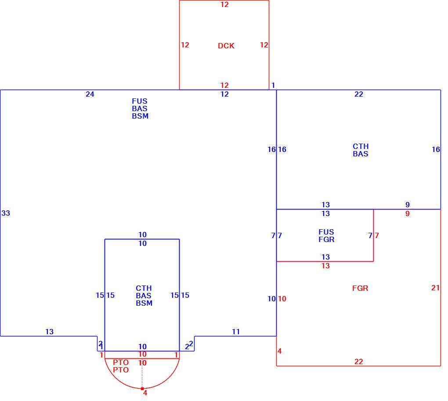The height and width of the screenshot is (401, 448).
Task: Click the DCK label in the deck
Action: tap(226, 46)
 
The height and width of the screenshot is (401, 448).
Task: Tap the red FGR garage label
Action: tap(360, 288)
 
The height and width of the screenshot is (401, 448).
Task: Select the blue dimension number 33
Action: tap(6, 213)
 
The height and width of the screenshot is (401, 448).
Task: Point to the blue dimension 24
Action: tap(90, 94)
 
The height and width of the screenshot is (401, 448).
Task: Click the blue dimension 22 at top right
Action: tap(359, 94)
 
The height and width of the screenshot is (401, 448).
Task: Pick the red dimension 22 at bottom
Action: tap(359, 361)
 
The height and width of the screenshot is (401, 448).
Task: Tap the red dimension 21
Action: tap(435, 288)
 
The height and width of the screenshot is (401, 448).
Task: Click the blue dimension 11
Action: tap(236, 332)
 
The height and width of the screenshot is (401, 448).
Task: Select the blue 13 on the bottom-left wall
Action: tap(50, 332)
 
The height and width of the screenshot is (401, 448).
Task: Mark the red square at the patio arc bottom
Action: tap(142, 389)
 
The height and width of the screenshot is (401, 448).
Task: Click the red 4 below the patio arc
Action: tap(145, 393)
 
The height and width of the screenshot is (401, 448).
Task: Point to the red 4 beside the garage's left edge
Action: tap(280, 351)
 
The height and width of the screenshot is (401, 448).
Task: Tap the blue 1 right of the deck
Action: tap(273, 85)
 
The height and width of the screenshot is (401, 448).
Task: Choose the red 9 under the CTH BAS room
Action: tap(408, 213)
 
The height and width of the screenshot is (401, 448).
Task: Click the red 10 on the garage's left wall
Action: tap(282, 299)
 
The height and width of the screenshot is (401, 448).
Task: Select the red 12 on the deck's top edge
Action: tap(224, 4)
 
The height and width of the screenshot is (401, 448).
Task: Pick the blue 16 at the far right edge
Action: tap(436, 149)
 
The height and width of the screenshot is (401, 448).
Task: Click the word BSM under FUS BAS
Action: tap(140, 116)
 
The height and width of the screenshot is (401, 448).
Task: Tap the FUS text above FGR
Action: tap(326, 232)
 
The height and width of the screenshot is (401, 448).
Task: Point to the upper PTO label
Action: tap(121, 362)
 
